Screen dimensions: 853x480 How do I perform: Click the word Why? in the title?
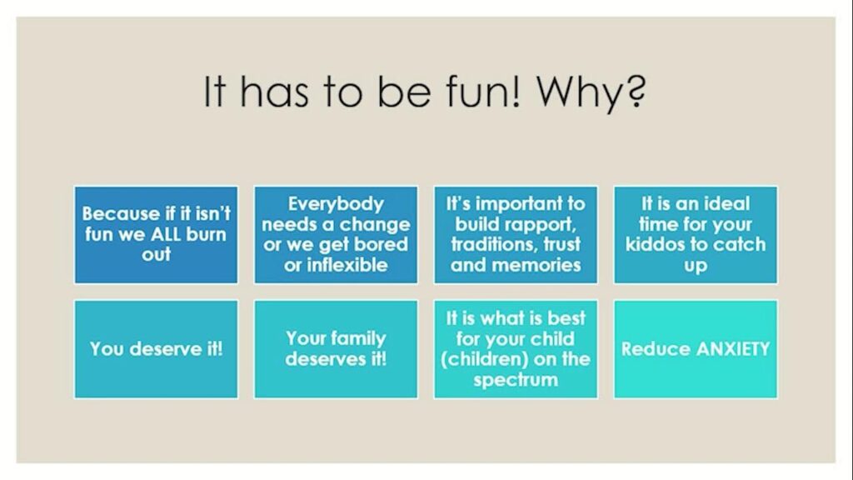coord(591,93)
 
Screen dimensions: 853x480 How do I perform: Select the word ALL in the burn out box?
coord(166,234)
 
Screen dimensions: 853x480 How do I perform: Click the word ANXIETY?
coord(733,349)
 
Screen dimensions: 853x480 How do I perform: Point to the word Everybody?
coord(337,204)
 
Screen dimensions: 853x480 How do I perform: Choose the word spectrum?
coord(516,380)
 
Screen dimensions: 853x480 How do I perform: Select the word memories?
coord(536,265)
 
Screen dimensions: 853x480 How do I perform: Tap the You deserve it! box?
coord(156,349)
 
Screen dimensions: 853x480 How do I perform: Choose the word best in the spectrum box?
coord(566,318)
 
